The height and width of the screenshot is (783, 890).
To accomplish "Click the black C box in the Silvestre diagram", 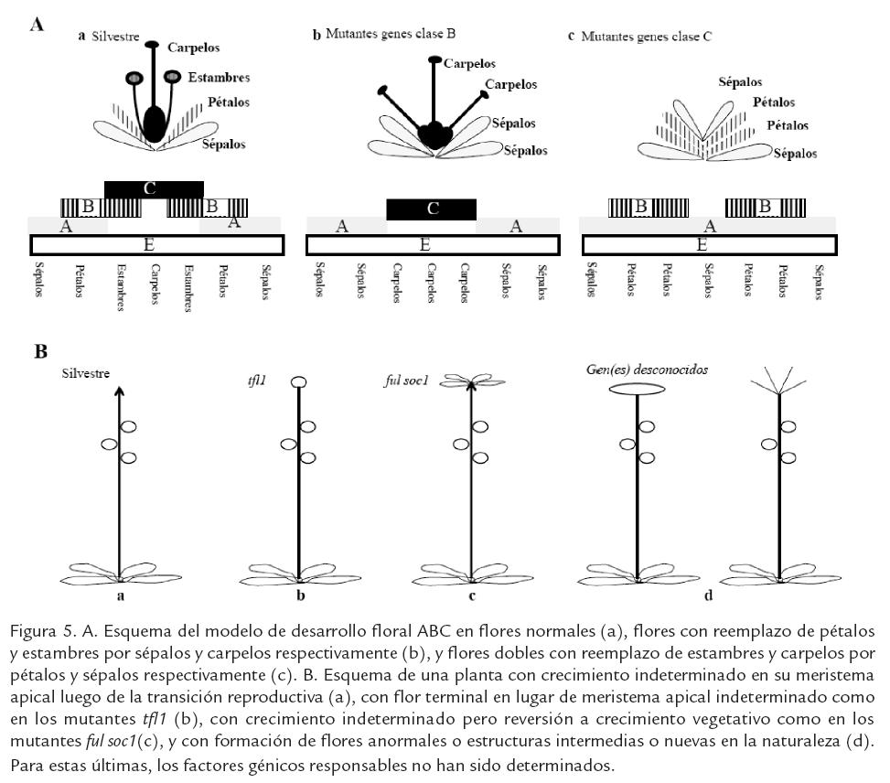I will click(154, 189).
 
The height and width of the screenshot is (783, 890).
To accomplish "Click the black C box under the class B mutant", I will click(432, 209).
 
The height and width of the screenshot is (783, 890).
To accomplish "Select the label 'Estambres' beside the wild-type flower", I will click(219, 78).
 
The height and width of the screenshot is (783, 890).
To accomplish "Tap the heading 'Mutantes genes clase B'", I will click(389, 35).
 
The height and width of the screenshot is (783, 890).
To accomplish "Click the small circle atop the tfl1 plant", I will click(299, 382).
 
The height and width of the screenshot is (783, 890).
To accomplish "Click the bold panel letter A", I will click(38, 26).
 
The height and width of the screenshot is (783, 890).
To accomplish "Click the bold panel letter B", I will click(40, 351).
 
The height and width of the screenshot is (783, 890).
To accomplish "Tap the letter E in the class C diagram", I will click(702, 245).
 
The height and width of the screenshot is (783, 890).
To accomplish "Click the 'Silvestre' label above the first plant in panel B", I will click(87, 372).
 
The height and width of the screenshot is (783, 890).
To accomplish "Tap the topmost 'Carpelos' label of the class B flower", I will click(469, 64).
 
